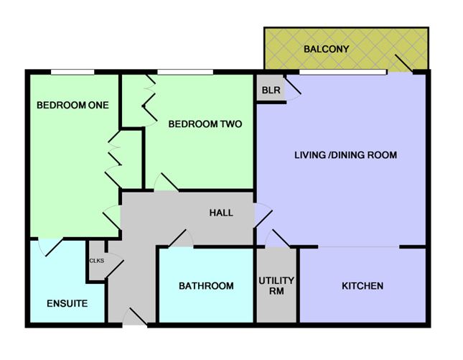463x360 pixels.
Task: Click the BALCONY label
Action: [327, 50]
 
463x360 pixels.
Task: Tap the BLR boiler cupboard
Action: [271, 91]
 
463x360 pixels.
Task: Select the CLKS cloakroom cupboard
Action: [97, 260]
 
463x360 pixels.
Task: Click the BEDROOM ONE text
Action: [73, 105]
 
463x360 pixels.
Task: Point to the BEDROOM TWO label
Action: [205, 124]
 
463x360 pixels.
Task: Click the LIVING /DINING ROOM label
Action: [346, 155]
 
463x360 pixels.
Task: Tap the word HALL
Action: [220, 213]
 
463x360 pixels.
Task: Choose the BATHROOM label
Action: [206, 286]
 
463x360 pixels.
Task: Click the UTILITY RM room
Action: [277, 285]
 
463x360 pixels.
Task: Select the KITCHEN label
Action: [362, 286]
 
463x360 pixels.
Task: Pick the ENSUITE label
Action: [67, 303]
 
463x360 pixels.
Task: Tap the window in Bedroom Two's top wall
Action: [184, 70]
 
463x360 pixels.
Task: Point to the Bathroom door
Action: [177, 240]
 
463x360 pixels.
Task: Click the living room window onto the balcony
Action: [342, 71]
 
